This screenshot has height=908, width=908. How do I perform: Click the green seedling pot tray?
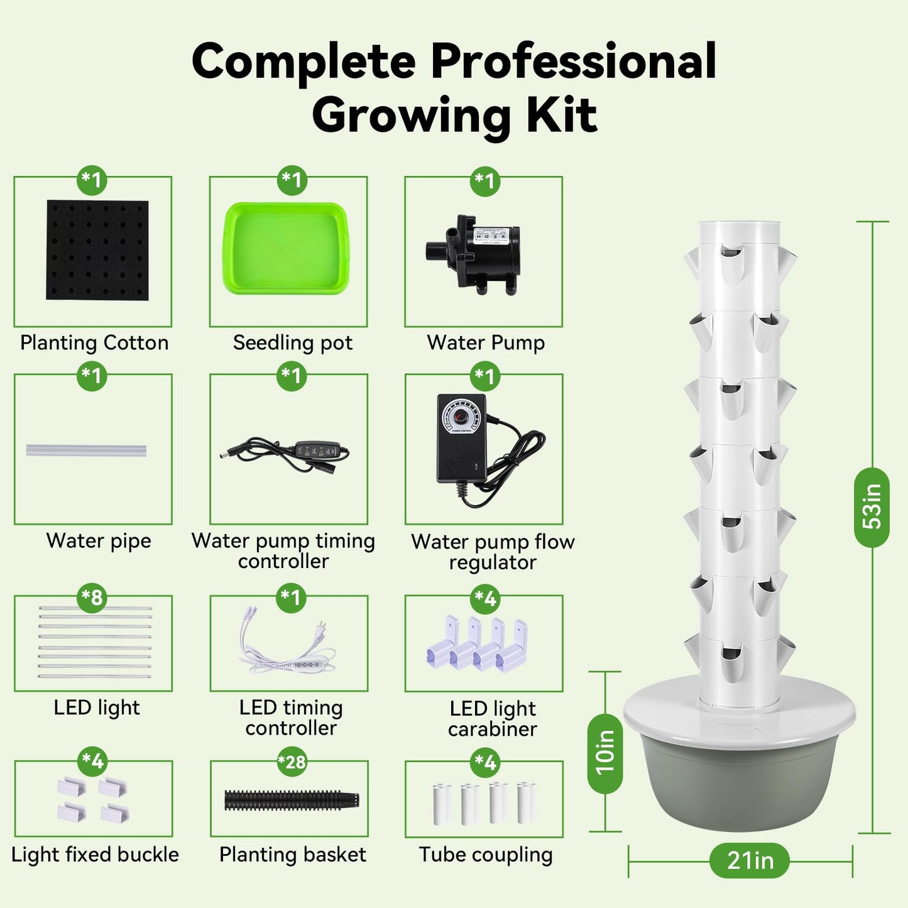point(286,248)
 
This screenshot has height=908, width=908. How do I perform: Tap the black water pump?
point(473,254)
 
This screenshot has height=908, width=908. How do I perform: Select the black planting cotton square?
point(97,250)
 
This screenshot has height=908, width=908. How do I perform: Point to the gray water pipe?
point(86,450)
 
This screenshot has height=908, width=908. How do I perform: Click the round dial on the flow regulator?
point(457,417)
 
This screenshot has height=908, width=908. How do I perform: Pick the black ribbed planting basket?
point(292,800)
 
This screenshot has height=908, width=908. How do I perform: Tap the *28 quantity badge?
point(292,762)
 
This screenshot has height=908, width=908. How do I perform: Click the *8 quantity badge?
point(92,598)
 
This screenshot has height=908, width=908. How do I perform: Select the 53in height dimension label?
point(872,507)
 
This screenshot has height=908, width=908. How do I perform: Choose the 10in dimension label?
point(606,753)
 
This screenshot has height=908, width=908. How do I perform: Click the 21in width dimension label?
point(750,860)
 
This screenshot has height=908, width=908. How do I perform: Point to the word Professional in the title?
point(574,61)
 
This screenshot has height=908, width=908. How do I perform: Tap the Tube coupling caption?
point(486,855)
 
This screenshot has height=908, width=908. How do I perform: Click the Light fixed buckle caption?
point(95,855)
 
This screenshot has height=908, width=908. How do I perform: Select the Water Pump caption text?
point(486,342)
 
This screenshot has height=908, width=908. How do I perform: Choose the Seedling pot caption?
point(293,342)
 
